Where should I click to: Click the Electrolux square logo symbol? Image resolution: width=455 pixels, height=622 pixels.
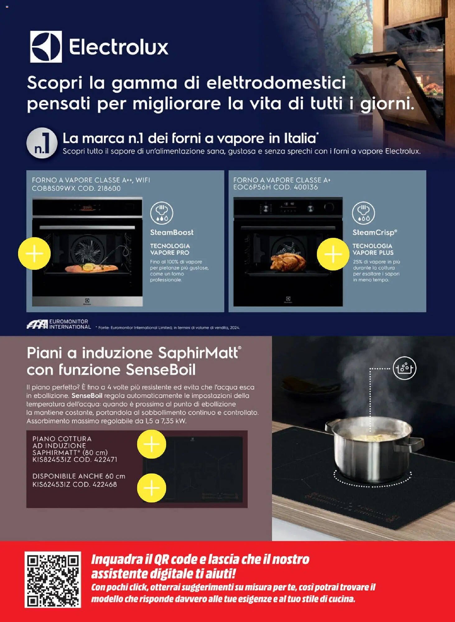46,47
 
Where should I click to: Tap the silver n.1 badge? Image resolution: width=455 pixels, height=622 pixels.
42,143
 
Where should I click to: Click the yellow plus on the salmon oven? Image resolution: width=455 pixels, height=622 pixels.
34,253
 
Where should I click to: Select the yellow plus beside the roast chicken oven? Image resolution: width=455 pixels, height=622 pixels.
333,254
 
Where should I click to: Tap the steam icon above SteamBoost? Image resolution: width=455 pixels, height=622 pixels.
161,213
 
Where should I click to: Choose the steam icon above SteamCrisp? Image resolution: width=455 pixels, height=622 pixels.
363,213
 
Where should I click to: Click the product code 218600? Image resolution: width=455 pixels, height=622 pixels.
109,188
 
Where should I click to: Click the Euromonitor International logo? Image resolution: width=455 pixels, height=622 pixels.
58,324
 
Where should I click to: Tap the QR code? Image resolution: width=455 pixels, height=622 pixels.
53,580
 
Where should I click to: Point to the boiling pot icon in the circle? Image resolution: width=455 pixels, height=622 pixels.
404,368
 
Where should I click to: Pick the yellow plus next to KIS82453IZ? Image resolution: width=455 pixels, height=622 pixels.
151,444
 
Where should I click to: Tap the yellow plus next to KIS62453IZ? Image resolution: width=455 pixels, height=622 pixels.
151,488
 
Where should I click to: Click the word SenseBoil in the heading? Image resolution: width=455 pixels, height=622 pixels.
161,370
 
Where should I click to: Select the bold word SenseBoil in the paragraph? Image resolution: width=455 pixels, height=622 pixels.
87,396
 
